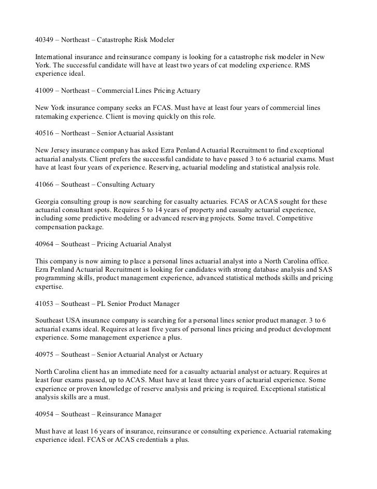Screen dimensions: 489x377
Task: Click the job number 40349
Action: tap(46, 40)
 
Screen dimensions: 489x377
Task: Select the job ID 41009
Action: tap(46, 91)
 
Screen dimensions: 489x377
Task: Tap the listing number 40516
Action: tap(46, 133)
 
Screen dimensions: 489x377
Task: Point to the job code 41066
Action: tap(46, 184)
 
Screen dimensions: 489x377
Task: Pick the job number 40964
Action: tap(46, 243)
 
